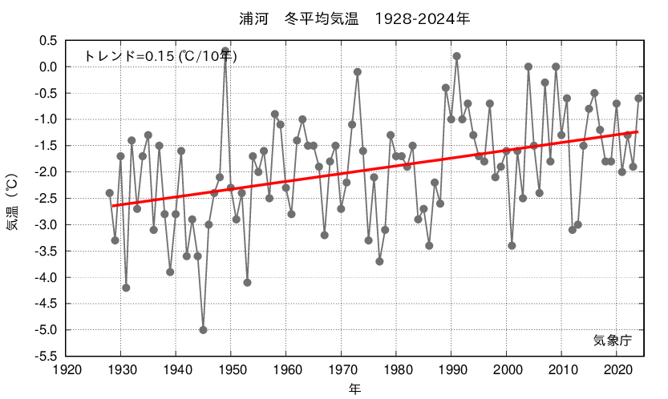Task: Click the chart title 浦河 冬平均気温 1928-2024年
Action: click(354, 18)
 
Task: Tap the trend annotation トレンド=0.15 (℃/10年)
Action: click(160, 56)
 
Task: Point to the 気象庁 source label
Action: click(613, 340)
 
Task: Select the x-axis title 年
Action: click(354, 389)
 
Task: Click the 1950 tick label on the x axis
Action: click(231, 370)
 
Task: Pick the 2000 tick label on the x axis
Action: click(507, 370)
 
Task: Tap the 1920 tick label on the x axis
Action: click(66, 370)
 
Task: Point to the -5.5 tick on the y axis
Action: click(45, 356)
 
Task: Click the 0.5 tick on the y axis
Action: click(48, 40)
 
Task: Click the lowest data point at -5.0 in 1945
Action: click(203, 329)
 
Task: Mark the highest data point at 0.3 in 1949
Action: click(225, 50)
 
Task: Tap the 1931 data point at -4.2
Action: click(126, 288)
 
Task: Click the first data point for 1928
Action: click(110, 193)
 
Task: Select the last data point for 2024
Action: click(638, 98)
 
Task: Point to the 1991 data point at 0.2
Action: click(456, 56)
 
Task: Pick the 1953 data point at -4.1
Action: click(247, 282)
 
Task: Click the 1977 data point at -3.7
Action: click(379, 261)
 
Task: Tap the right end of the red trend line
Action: click(638, 131)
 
